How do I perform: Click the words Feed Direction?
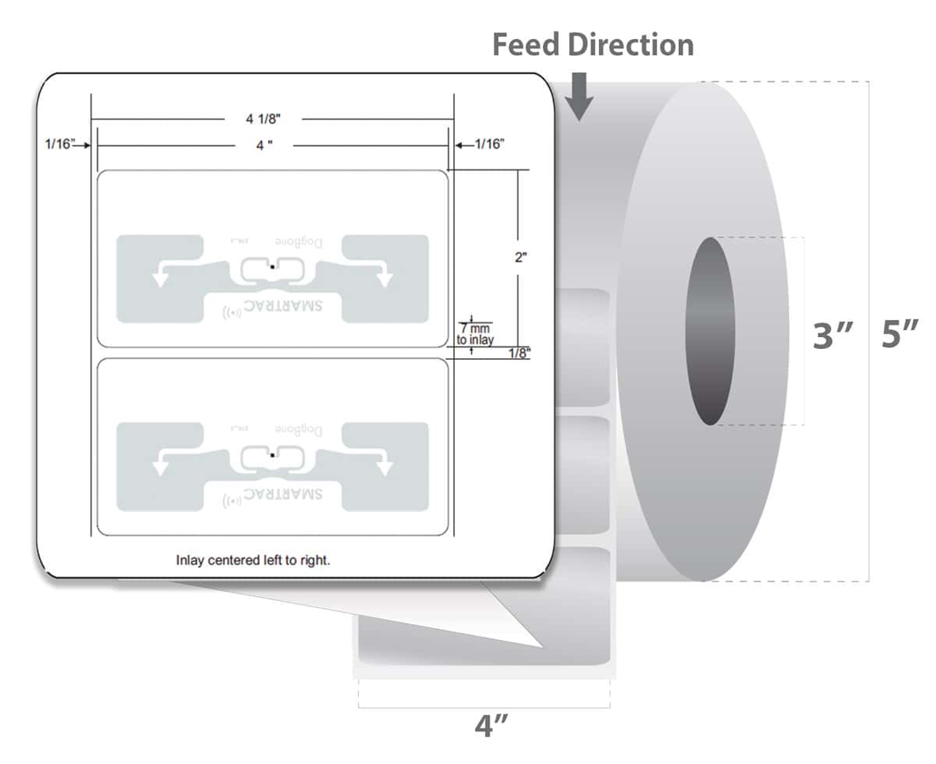[592, 44]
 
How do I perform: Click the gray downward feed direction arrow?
[580, 97]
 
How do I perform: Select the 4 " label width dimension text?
[264, 145]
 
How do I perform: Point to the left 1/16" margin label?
[60, 144]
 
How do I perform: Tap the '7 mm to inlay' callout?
[474, 332]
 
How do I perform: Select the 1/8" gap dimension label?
[519, 354]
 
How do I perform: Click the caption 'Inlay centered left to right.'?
[252, 560]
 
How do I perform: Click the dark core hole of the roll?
[710, 331]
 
